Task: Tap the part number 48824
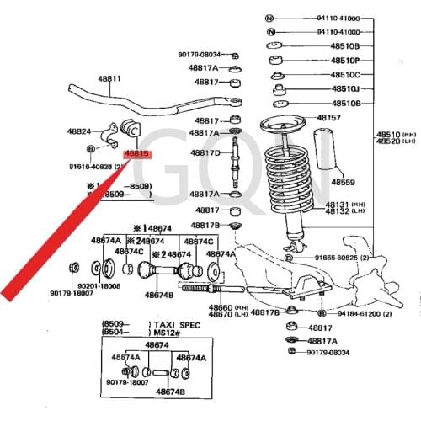79,131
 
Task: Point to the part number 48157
328,117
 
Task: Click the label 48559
343,181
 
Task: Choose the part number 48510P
344,61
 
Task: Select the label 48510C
344,74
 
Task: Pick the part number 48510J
344,88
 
